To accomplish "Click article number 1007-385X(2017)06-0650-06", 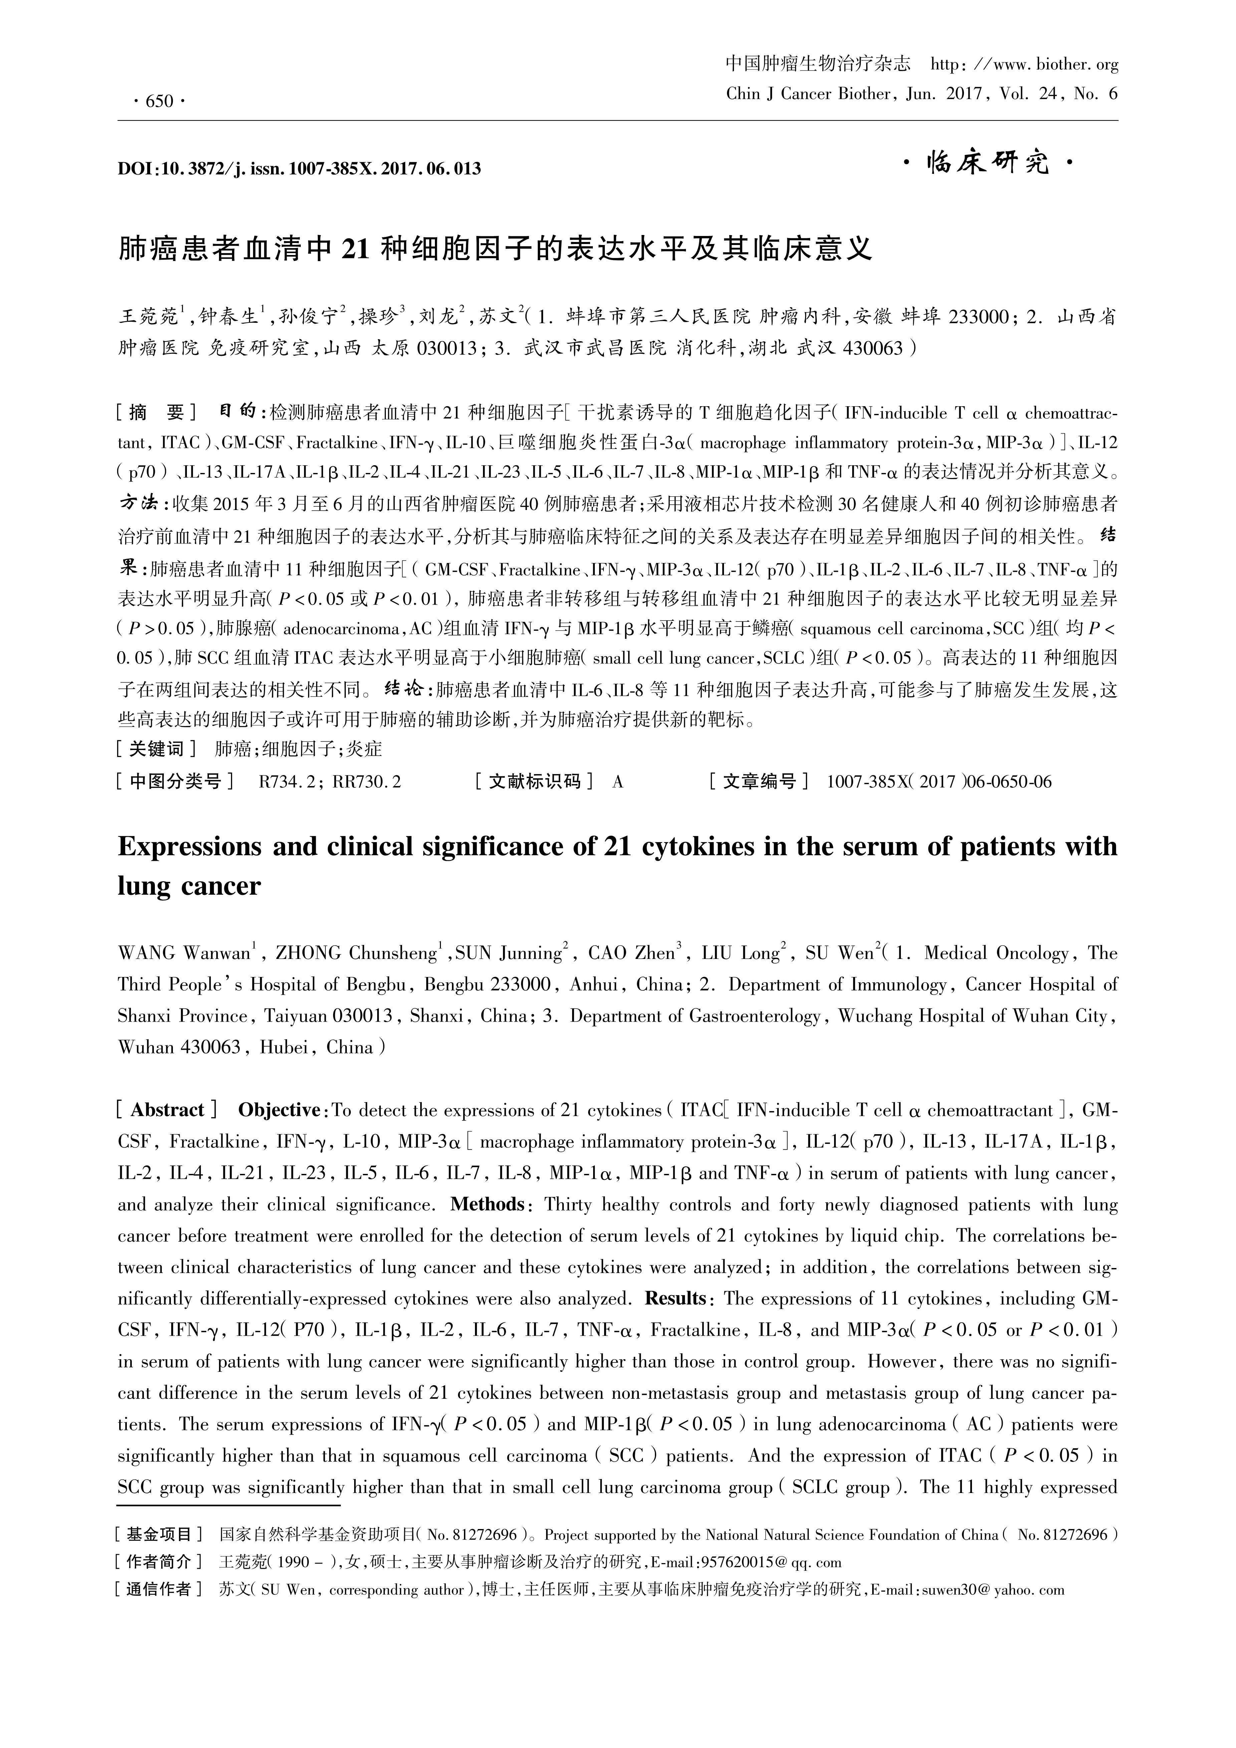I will [x=939, y=782].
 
